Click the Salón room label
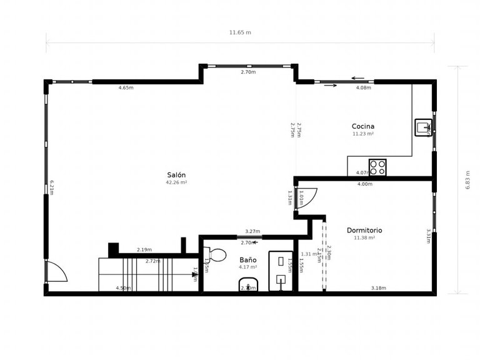tap(176, 174)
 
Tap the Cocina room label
tap(363, 126)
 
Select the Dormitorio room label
tap(364, 230)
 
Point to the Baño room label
tap(247, 259)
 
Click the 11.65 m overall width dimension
tap(240, 32)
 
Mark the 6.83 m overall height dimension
tap(467, 179)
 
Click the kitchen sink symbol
tap(423, 127)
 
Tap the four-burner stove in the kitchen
tap(377, 167)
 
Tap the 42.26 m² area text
tap(176, 182)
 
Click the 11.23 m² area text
tap(363, 134)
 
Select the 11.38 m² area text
tap(364, 237)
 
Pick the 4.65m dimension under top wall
tap(126, 88)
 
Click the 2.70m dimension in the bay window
tap(248, 72)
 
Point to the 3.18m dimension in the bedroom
tap(378, 288)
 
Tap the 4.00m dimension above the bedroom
tap(364, 184)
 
